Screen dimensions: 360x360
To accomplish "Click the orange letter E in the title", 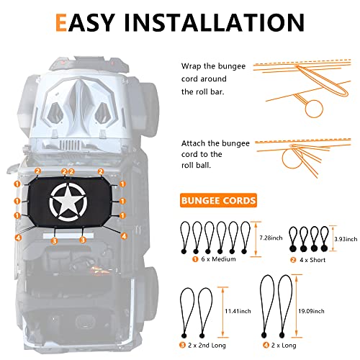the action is click(61, 22).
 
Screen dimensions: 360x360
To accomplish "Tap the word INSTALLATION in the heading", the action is click(214, 22).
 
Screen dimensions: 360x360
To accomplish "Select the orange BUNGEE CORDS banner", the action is click(218, 200).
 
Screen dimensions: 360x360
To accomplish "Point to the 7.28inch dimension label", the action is click(271, 238).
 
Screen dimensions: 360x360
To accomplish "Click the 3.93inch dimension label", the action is click(346, 239).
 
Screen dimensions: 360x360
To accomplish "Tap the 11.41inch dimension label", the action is click(238, 311).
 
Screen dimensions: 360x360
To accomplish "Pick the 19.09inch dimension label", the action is click(311, 311).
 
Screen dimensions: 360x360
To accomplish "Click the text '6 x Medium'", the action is click(218, 259).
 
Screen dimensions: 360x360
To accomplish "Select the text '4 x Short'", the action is click(312, 260).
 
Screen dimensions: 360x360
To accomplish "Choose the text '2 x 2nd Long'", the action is click(207, 346).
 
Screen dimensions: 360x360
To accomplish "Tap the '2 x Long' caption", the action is click(284, 346).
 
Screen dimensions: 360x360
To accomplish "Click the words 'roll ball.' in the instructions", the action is click(196, 166).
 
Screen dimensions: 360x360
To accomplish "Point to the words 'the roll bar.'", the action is click(203, 91).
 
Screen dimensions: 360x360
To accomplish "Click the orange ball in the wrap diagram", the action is click(314, 109).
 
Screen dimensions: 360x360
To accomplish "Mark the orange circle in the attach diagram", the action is click(292, 158).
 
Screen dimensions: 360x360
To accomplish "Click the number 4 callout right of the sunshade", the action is click(124, 236).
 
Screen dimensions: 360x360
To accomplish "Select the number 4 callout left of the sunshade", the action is click(18, 238).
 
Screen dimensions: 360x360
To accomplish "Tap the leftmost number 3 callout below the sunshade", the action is click(54, 240).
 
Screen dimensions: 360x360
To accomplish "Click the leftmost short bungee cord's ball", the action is click(292, 248).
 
